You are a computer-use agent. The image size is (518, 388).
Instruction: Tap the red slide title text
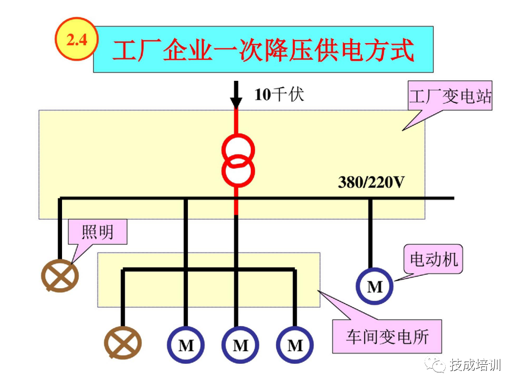click(263, 49)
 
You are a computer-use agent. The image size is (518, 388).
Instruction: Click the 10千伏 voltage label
click(279, 95)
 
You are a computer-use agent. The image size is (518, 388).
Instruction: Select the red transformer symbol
click(237, 161)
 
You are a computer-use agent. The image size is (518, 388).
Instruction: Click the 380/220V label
click(371, 182)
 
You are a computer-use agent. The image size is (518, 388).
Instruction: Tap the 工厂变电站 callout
click(450, 97)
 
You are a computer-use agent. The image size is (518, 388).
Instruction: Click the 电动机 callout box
click(433, 260)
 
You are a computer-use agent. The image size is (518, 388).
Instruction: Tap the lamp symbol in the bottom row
click(122, 344)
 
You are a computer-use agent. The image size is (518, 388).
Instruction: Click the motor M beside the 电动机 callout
click(374, 287)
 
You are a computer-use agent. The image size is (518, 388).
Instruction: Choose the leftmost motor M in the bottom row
click(185, 345)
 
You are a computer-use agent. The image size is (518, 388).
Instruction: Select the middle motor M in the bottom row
click(240, 345)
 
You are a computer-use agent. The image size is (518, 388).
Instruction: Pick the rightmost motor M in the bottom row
click(295, 345)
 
